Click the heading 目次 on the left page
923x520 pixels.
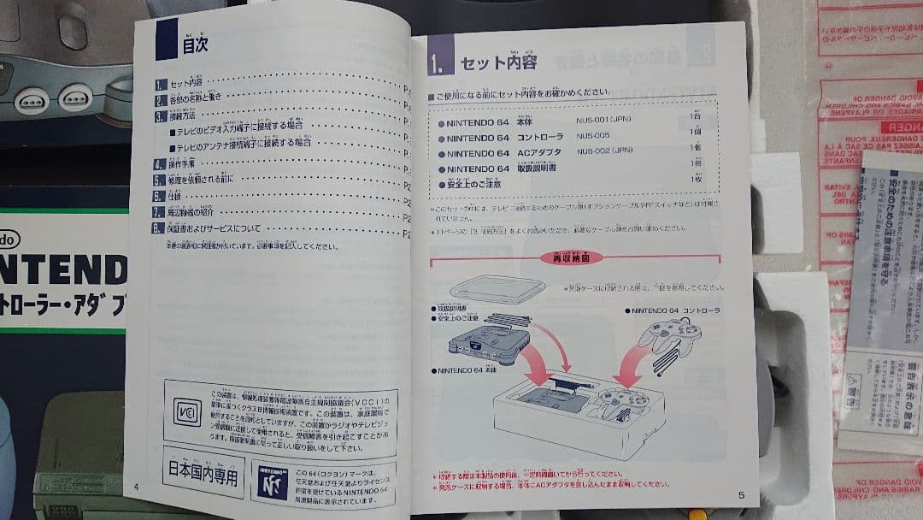point(195,44)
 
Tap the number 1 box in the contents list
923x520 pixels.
point(160,85)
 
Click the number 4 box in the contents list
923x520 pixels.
point(158,164)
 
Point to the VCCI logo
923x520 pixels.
point(187,411)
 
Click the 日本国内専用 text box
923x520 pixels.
point(203,472)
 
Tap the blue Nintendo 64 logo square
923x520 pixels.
point(270,484)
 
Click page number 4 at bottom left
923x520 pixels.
point(136,487)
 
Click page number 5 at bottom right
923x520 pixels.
point(741,494)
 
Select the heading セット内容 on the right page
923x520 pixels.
point(498,63)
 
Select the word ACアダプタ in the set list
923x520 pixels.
point(541,153)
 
